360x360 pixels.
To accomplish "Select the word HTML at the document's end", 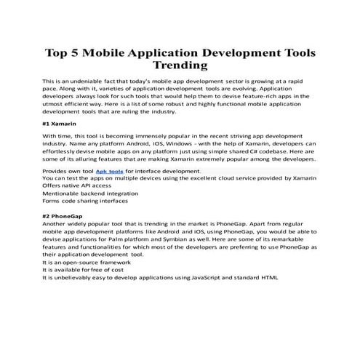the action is click(269, 277).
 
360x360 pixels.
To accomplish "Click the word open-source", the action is click(79, 264).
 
